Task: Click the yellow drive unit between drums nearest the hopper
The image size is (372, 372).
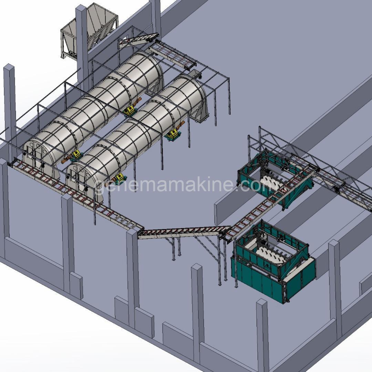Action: click(x=130, y=110)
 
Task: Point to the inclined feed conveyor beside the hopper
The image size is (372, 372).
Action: click(x=138, y=40)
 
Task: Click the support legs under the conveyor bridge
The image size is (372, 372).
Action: click(x=176, y=248)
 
